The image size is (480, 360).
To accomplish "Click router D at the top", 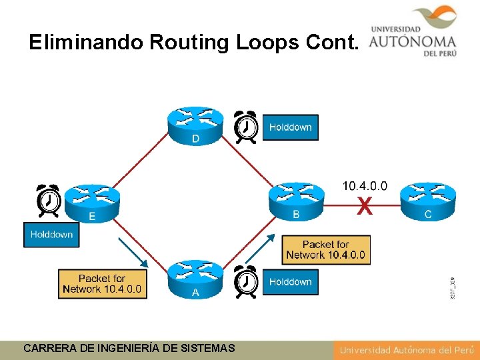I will (x=195, y=124).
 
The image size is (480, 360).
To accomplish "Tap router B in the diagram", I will (x=296, y=198).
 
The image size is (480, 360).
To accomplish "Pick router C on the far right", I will (x=428, y=198).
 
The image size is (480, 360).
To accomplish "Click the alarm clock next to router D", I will (x=246, y=127).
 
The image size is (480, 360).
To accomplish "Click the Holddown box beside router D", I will (x=290, y=127).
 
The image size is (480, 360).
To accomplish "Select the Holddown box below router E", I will (x=51, y=235).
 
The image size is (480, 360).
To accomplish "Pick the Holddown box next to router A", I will (x=290, y=282).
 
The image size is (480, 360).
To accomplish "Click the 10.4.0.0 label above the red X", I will (x=365, y=186).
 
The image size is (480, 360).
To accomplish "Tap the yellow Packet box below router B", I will (x=325, y=249).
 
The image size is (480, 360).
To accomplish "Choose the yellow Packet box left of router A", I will (x=102, y=283).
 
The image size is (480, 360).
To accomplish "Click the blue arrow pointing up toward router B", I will (x=261, y=247).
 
